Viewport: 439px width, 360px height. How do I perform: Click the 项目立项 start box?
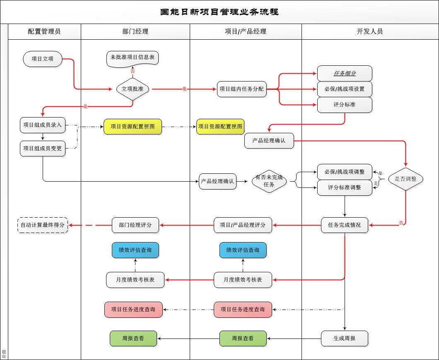pos(43,59)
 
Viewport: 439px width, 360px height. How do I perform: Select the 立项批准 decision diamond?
pos(133,89)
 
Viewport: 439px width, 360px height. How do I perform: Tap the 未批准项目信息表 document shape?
pos(133,58)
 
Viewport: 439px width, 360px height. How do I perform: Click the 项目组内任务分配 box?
pos(241,89)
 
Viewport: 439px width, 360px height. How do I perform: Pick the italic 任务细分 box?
pos(345,74)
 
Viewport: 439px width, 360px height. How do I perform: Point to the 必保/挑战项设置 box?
pos(345,89)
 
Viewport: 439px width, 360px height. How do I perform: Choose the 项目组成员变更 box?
pos(43,149)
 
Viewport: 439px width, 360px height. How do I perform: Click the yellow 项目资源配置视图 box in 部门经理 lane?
pos(133,127)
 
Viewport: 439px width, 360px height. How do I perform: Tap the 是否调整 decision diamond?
pos(405,179)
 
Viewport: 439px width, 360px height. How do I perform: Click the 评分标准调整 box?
pos(345,187)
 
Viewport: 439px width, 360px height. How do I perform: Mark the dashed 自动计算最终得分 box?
pos(43,225)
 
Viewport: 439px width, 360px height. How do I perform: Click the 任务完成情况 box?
pos(345,225)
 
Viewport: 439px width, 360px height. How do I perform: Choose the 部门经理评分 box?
pos(135,225)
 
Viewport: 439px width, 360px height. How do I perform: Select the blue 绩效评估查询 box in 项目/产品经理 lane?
pos(243,250)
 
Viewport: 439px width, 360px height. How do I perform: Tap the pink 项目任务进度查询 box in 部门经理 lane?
pos(133,310)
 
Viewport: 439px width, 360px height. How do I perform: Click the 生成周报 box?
pos(345,338)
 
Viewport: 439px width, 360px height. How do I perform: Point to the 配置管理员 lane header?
pos(44,31)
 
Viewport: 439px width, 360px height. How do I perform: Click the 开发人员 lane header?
pos(370,31)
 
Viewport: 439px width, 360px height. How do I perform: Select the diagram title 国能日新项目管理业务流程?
pos(219,12)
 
